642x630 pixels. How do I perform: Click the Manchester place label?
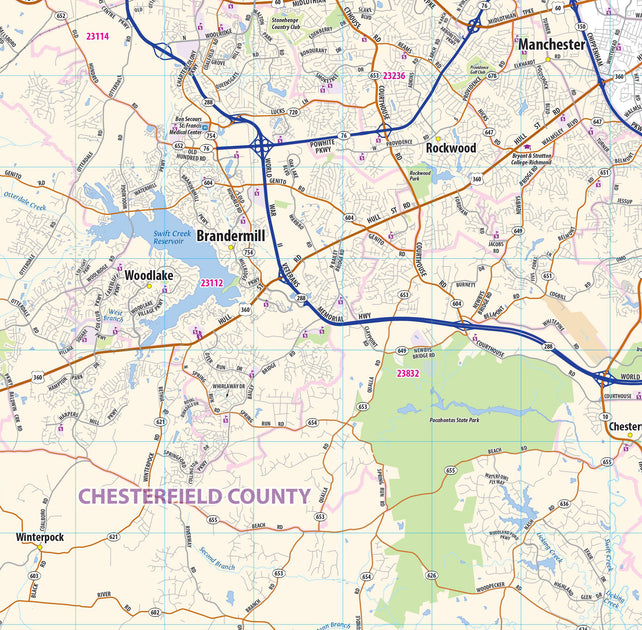point(551,45)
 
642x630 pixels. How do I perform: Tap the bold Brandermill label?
point(231,236)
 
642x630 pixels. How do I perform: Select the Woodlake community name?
point(149,275)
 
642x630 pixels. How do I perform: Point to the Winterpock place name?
point(40,537)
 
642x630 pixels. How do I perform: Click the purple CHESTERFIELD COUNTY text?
point(194,496)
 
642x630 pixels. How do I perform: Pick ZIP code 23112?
point(211,283)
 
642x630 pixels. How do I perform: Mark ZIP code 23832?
point(407,373)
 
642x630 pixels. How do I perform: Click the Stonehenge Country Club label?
point(286,22)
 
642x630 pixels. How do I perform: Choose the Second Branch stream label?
point(217,559)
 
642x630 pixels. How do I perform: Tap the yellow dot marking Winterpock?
point(40,547)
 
